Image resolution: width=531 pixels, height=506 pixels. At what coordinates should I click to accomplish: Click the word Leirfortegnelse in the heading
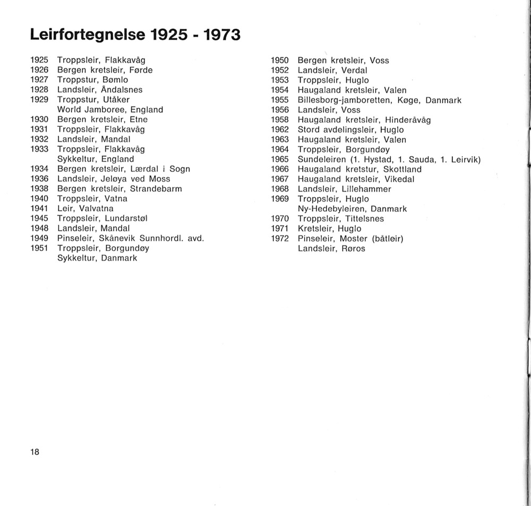pyautogui.click(x=87, y=35)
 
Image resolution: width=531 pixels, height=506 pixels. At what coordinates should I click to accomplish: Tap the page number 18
pyautogui.click(x=35, y=452)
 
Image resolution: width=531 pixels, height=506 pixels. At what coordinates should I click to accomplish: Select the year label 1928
pyautogui.click(x=39, y=90)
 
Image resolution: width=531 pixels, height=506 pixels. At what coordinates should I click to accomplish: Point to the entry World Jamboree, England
pyautogui.click(x=110, y=110)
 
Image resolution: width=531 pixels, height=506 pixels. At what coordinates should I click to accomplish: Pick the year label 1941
pyautogui.click(x=39, y=208)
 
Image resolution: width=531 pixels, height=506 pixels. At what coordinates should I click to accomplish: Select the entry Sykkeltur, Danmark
pyautogui.click(x=97, y=258)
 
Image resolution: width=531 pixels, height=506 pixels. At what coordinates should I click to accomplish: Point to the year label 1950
pyautogui.click(x=280, y=60)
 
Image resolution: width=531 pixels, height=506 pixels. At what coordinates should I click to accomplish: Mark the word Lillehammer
pyautogui.click(x=367, y=189)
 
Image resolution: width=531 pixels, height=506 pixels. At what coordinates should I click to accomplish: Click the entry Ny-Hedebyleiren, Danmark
pyautogui.click(x=352, y=209)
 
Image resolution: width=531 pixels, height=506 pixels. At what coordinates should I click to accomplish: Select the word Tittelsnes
pyautogui.click(x=364, y=219)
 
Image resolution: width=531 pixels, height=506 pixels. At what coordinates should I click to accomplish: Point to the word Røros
pyautogui.click(x=353, y=248)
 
